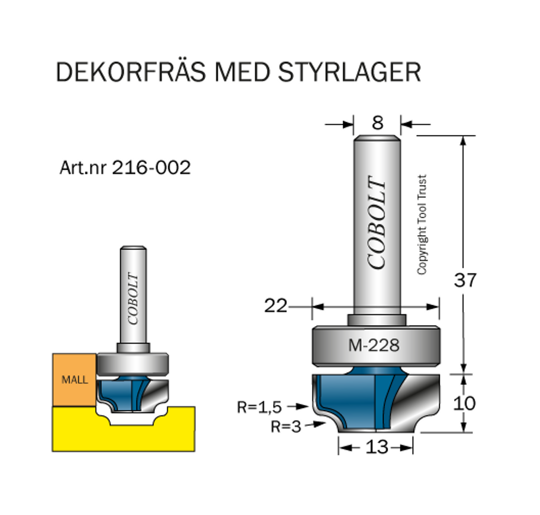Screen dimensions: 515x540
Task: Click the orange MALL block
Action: click(74, 380)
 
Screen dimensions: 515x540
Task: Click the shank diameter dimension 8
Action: click(377, 123)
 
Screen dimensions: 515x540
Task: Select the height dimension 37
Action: click(465, 280)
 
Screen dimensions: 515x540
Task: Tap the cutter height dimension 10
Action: click(464, 403)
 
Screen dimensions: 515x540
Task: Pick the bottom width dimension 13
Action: click(376, 448)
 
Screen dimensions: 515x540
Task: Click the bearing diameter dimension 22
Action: click(275, 305)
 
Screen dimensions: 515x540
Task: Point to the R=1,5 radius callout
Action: click(259, 407)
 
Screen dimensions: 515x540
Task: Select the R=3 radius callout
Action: click(285, 426)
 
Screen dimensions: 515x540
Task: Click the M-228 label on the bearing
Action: click(374, 346)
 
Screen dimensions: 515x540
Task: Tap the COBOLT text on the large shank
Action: click(378, 222)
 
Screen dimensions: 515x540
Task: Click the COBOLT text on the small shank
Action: click(133, 298)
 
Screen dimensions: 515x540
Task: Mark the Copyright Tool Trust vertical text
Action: click(421, 225)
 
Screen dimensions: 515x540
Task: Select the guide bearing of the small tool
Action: click(133, 363)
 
